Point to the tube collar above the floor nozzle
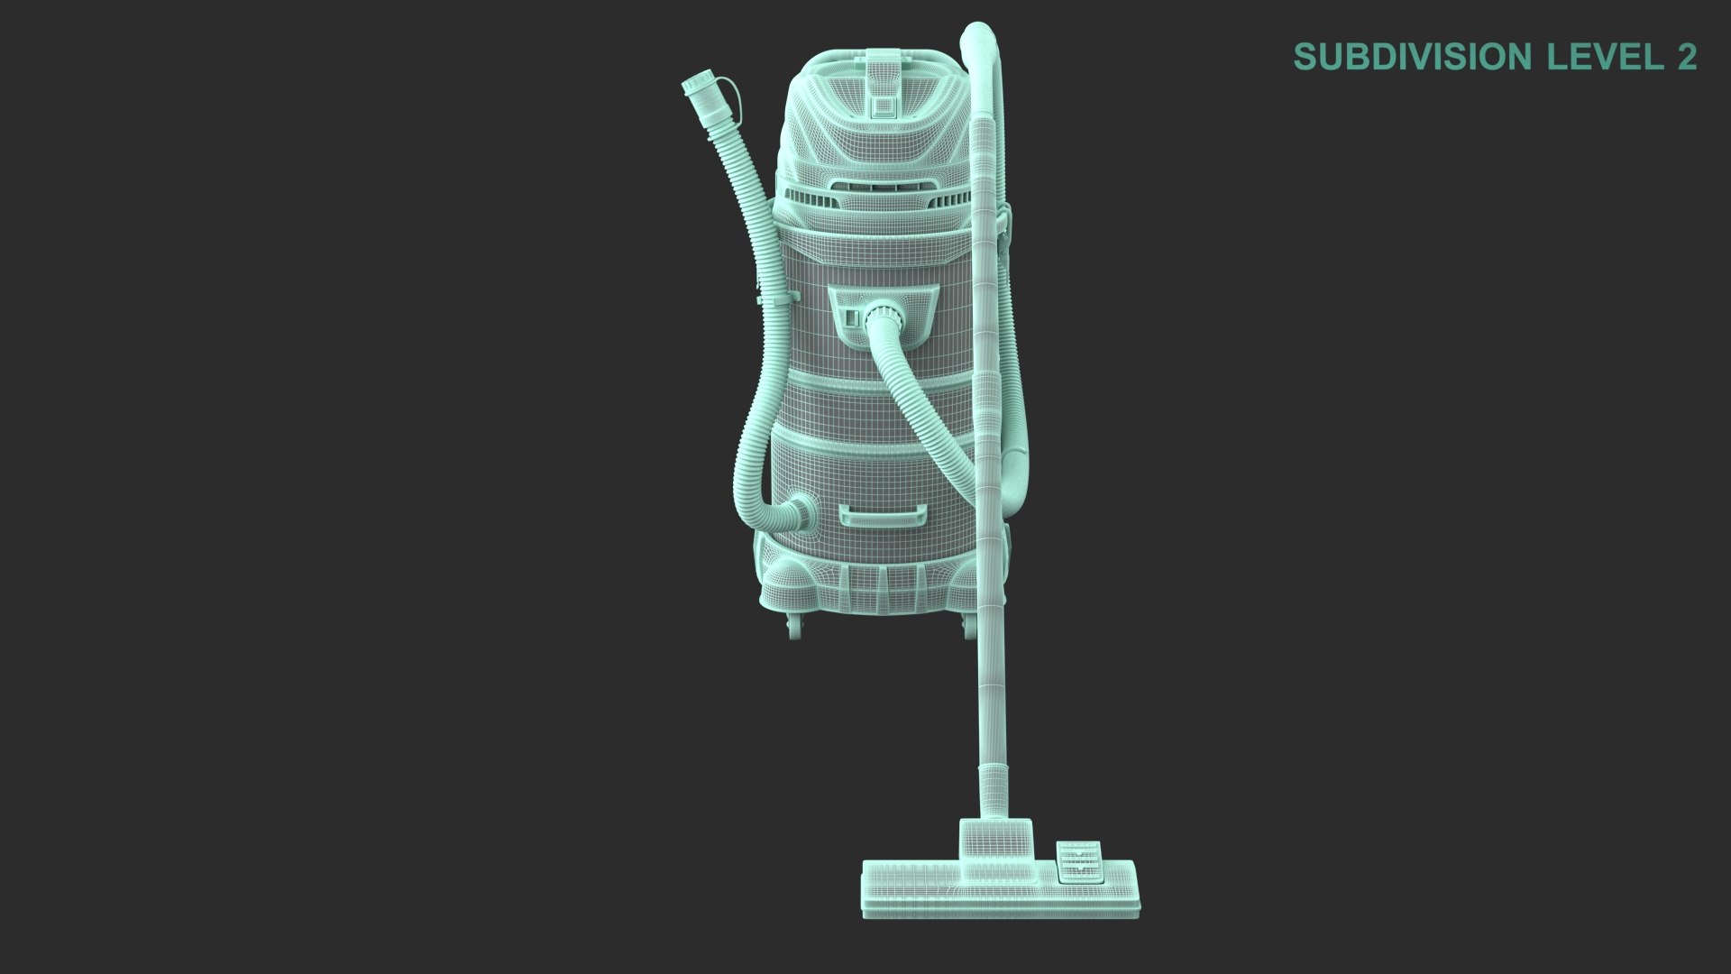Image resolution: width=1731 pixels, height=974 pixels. (x=994, y=785)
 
